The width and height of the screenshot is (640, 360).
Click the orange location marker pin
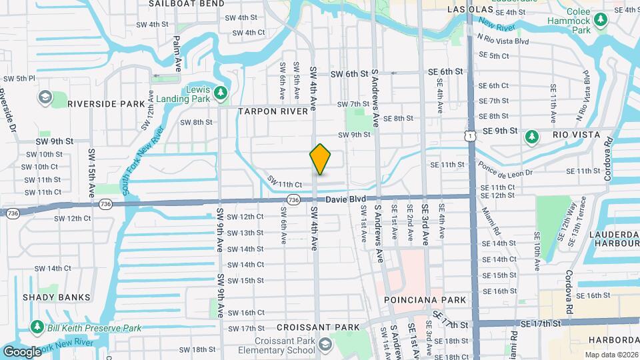coord(321,159)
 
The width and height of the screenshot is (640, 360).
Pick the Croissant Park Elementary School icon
coord(325,345)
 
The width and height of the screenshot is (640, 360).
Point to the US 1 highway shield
coord(471,136)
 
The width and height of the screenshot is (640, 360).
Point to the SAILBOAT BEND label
coord(177,3)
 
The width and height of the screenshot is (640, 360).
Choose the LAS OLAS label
coord(471,10)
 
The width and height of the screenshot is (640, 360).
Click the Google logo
coord(22,351)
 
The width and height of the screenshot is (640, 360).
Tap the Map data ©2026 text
coord(611,355)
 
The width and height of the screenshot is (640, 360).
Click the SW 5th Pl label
coord(19,79)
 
